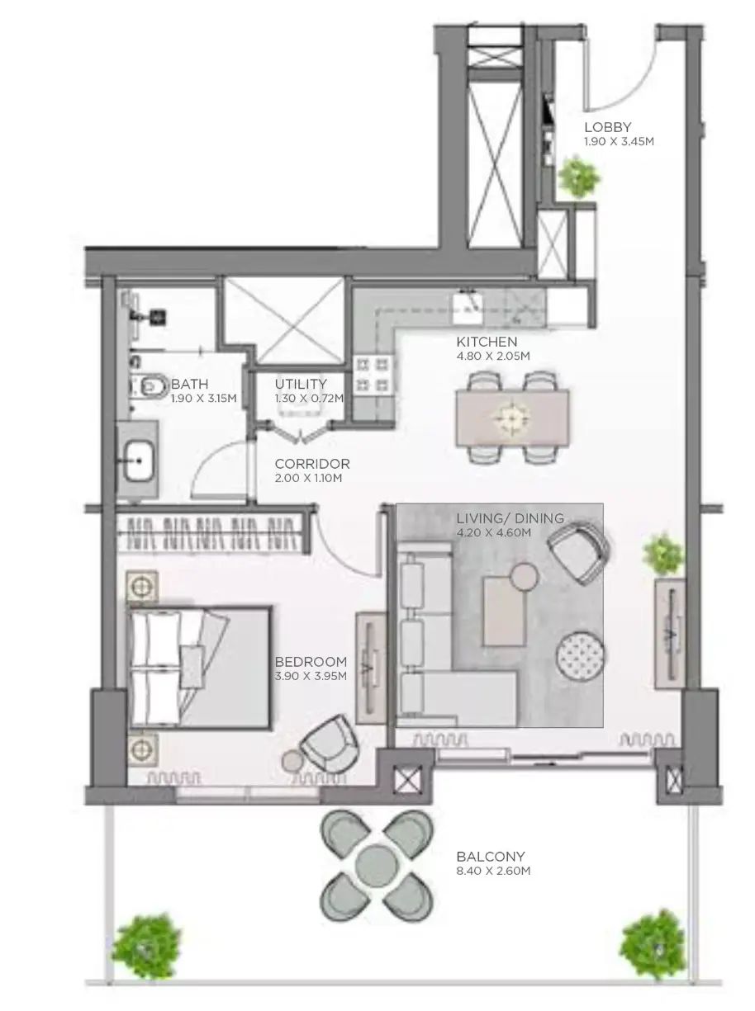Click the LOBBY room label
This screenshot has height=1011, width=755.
tap(607, 126)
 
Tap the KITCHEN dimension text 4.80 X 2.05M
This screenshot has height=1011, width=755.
tap(492, 356)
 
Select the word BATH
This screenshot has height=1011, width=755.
tap(189, 384)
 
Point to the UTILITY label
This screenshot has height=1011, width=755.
tap(301, 384)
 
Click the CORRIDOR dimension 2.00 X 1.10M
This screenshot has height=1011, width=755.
tap(308, 478)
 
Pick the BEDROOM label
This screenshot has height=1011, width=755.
tap(311, 661)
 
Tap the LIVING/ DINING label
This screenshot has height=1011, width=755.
tap(510, 518)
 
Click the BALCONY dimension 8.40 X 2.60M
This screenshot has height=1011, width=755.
tap(493, 871)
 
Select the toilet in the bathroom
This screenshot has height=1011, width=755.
tap(150, 386)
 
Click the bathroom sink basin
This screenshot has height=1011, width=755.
tap(137, 461)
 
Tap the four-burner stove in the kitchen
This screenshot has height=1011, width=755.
tap(373, 375)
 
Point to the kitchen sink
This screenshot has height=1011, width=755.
tap(467, 306)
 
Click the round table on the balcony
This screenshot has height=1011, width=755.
tap(377, 861)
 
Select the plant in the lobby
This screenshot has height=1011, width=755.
tap(579, 177)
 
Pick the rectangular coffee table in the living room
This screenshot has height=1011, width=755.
tap(504, 612)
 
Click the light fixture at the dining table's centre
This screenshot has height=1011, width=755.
tap(512, 418)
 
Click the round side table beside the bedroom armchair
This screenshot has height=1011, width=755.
tap(292, 760)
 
